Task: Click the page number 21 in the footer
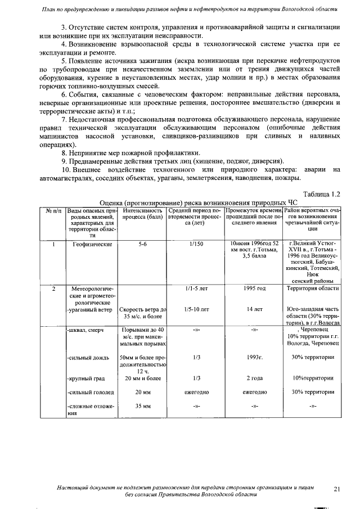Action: [x=337, y=489]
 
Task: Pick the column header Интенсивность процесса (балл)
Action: [x=142, y=213]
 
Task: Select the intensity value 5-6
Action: [x=142, y=245]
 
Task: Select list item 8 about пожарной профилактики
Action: [x=130, y=152]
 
